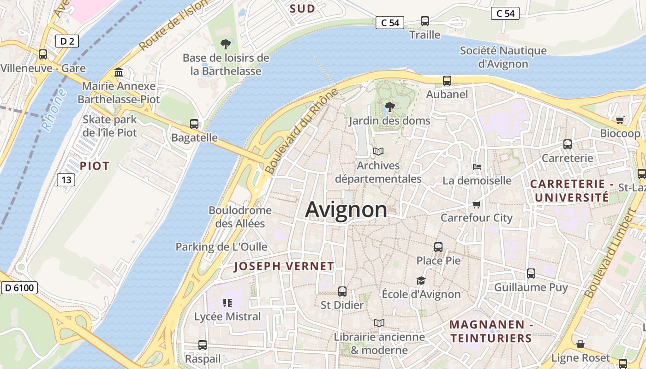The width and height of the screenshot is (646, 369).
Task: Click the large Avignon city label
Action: tap(346, 210)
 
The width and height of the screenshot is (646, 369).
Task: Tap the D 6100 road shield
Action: tap(19, 288)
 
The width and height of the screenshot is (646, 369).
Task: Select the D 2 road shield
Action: tap(67, 41)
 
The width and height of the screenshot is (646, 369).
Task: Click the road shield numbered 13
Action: tap(66, 179)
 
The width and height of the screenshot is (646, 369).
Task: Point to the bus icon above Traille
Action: tap(425, 21)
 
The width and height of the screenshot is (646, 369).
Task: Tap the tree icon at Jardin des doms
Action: tap(390, 107)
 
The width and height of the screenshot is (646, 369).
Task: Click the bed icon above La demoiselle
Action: tap(477, 167)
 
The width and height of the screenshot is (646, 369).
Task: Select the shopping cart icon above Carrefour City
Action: tap(477, 204)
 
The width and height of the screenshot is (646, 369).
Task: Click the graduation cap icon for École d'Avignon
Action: tap(421, 280)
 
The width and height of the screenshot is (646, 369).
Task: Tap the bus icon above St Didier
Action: tap(342, 292)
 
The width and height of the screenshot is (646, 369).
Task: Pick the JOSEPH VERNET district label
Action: tap(284, 266)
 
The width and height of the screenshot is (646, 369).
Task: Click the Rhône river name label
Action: tap(54, 110)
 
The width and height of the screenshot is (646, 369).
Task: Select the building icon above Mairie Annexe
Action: tap(119, 72)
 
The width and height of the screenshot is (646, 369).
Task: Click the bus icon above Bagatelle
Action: tap(194, 124)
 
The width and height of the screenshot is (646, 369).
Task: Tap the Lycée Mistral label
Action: tap(227, 317)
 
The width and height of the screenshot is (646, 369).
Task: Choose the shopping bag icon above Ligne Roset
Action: tap(580, 345)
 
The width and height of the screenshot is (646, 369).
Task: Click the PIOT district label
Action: tap(95, 166)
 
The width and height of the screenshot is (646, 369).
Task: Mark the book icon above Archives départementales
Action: tap(378, 151)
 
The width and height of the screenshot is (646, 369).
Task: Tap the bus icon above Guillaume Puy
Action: tap(531, 274)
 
